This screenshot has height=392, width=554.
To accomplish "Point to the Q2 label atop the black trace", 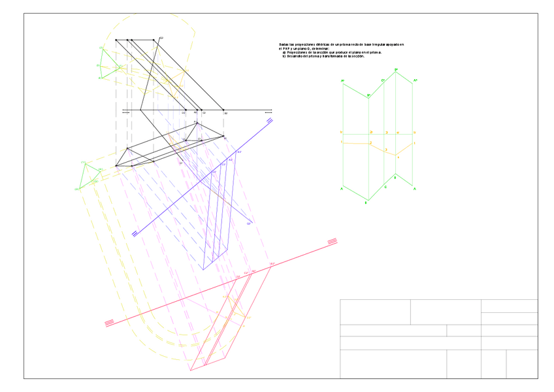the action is coord(161,38).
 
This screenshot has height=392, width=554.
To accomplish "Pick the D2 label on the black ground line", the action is coord(184,113).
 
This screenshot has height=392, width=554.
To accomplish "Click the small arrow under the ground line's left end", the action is coord(126,113).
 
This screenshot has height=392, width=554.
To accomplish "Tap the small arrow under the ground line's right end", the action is coord(269,113).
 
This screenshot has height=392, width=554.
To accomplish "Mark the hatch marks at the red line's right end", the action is coord(332,242).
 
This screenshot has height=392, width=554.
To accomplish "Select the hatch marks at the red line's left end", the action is coord(109,322).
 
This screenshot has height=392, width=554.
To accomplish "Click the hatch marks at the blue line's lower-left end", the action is coord(135,233).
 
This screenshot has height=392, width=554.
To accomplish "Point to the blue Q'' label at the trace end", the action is coord(249,223).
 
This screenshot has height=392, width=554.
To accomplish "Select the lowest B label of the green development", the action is coord(366,203).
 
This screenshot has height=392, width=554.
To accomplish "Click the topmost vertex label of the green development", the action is coord(396,69).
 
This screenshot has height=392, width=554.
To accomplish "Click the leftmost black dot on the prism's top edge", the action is coord(116,40).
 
